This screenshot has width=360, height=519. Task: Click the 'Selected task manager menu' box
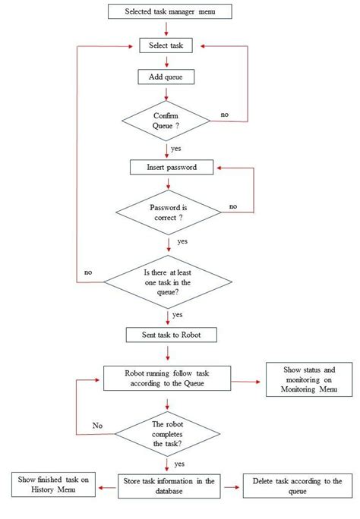(166, 11)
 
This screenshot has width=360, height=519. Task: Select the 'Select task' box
(166, 46)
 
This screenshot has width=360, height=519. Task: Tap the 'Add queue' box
(166, 77)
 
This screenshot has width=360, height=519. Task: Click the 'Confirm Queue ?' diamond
(166, 121)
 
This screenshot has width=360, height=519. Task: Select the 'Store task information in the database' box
(169, 486)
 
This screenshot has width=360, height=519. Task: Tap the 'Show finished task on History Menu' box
(53, 486)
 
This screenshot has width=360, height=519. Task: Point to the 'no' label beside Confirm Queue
(225, 115)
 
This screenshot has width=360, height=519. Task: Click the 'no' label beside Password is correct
(232, 206)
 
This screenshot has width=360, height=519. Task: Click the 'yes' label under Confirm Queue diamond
(176, 149)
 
